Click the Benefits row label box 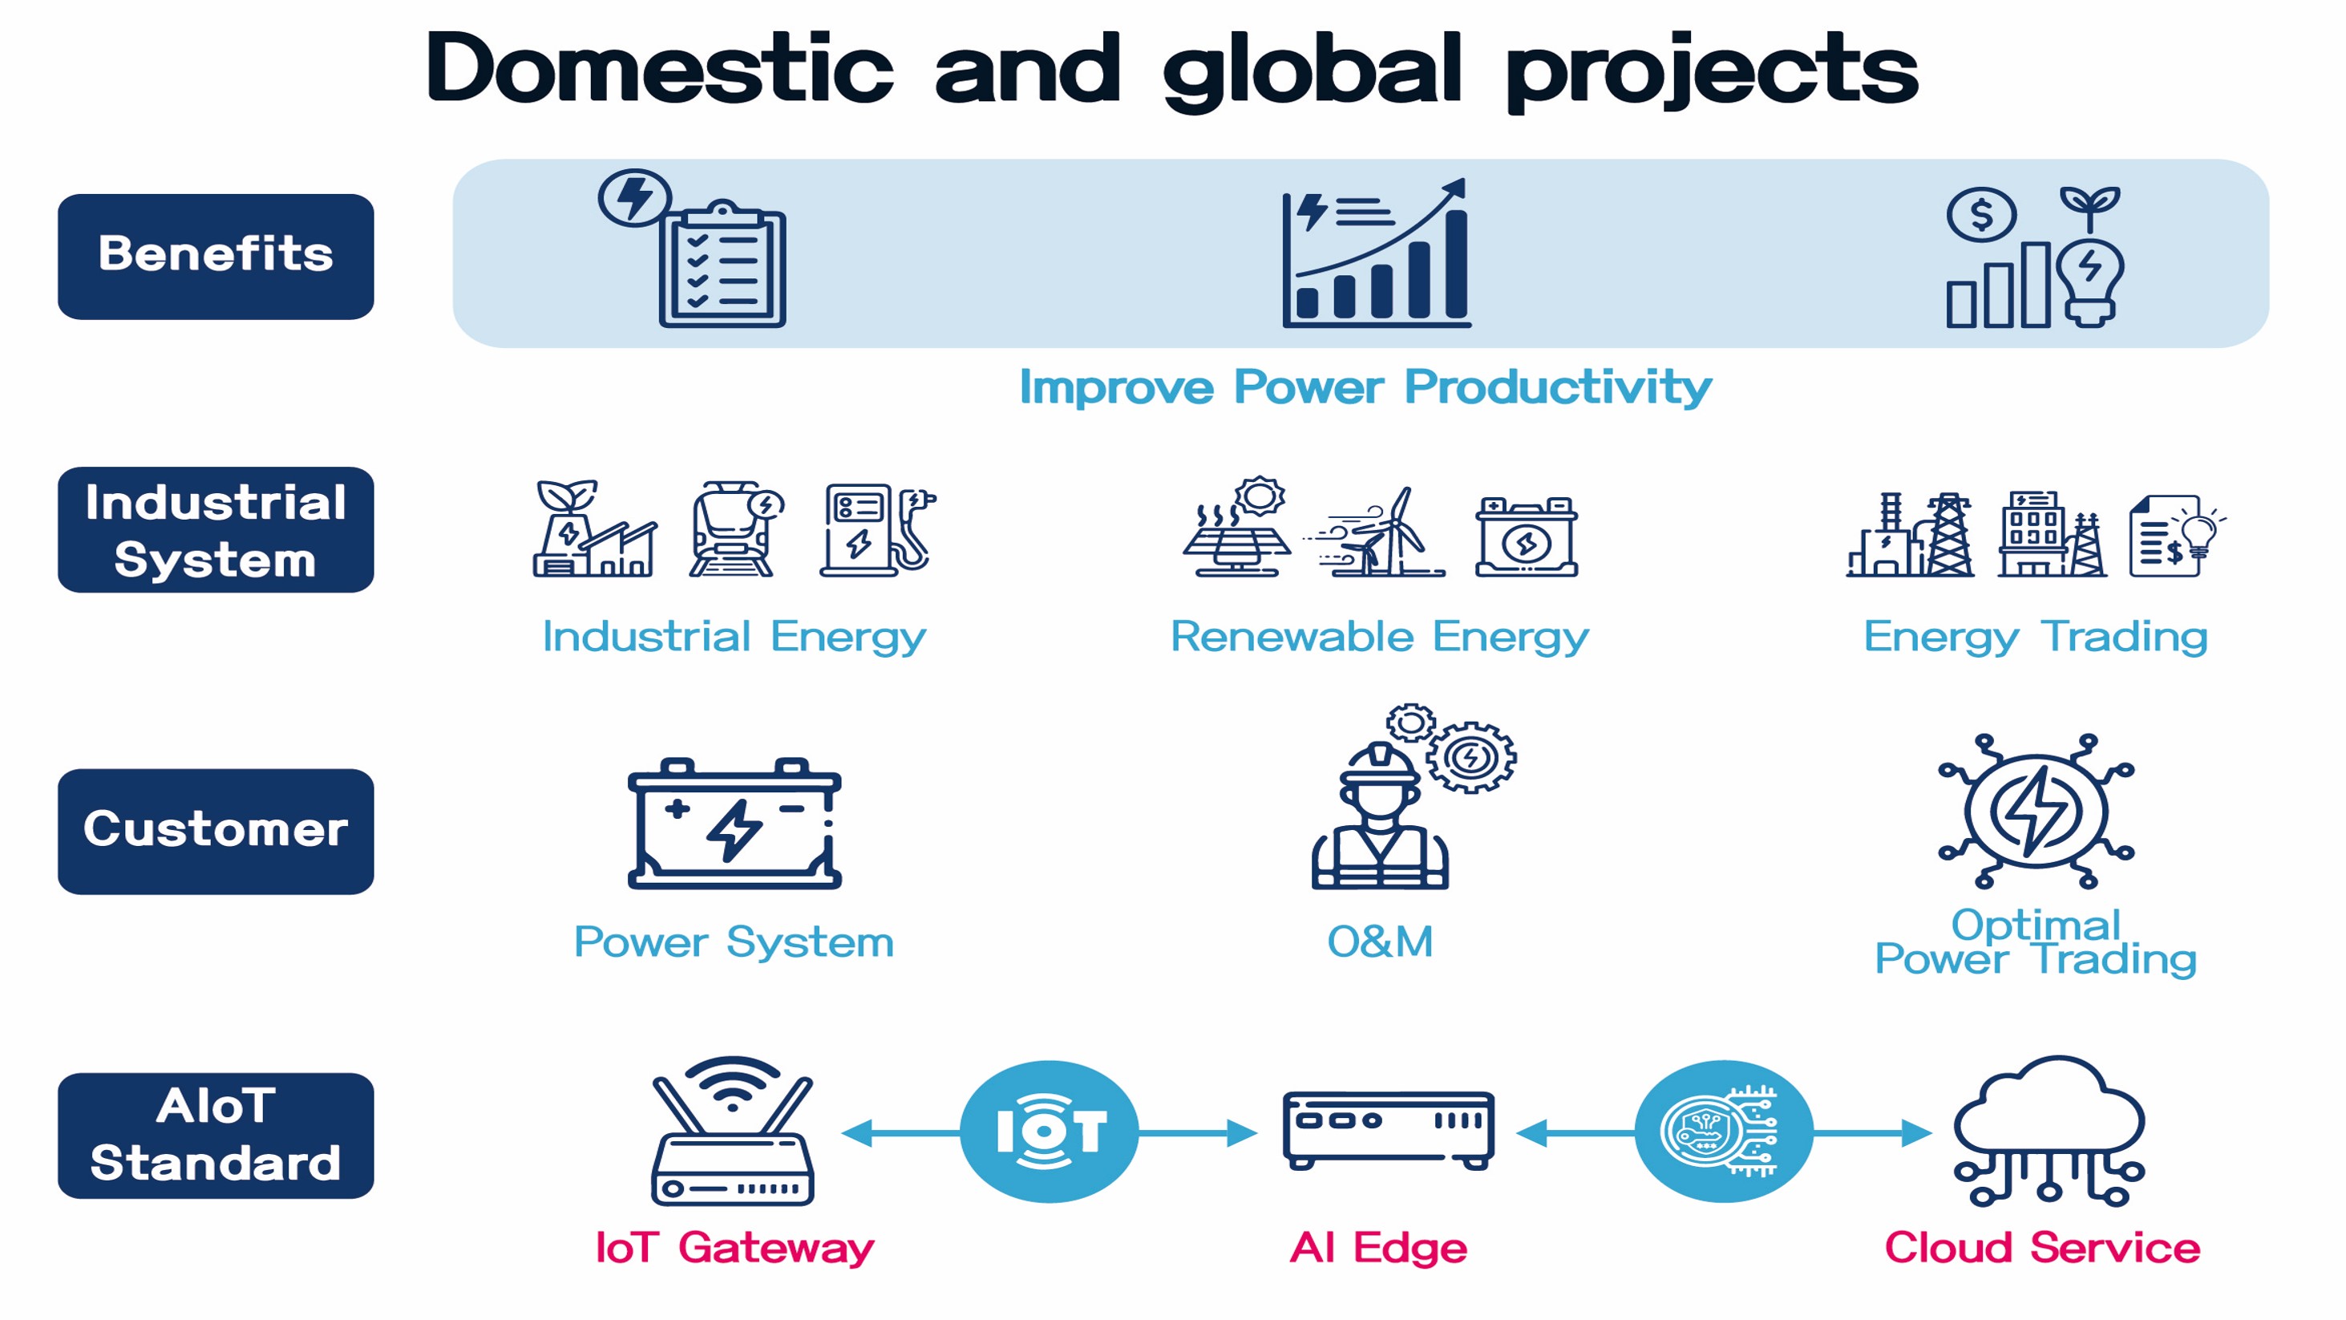click(x=216, y=256)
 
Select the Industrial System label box click(x=216, y=529)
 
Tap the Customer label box click(x=216, y=831)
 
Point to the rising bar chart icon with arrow click(x=1376, y=253)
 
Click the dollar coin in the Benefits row click(x=1981, y=215)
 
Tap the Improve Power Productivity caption click(x=1365, y=387)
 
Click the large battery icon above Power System click(x=734, y=824)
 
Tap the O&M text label click(x=1380, y=942)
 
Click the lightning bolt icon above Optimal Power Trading click(x=2036, y=810)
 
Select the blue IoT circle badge click(x=1050, y=1132)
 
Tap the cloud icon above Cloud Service click(x=2049, y=1131)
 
